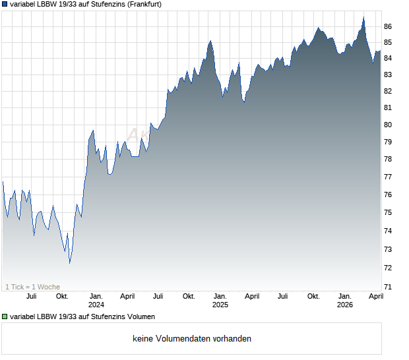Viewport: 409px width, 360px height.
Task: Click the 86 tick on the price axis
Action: [x=388, y=26]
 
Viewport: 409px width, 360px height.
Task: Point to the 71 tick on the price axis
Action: [x=388, y=287]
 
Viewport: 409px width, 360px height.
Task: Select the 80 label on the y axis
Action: [x=388, y=125]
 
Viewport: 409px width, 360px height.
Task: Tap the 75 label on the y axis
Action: [x=388, y=212]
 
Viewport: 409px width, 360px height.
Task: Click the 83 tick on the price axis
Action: [x=388, y=74]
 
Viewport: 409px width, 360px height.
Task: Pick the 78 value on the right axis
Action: [x=388, y=159]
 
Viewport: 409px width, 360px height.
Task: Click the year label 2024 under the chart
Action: [x=96, y=305]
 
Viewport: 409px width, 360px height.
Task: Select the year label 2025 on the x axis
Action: [x=220, y=305]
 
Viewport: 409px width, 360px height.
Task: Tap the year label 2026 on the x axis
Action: [x=345, y=305]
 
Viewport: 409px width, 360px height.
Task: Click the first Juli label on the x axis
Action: [x=31, y=296]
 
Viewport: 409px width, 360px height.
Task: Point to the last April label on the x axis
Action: [x=375, y=296]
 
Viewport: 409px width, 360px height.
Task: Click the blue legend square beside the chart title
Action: [x=5, y=4]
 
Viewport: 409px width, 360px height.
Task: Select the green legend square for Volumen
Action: [x=5, y=317]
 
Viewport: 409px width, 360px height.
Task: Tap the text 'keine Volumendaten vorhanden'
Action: [x=192, y=339]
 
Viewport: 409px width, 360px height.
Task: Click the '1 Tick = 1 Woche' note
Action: [x=33, y=287]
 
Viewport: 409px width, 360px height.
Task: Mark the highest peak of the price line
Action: [x=363, y=17]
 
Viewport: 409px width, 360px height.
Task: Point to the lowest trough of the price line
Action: [x=69, y=263]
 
